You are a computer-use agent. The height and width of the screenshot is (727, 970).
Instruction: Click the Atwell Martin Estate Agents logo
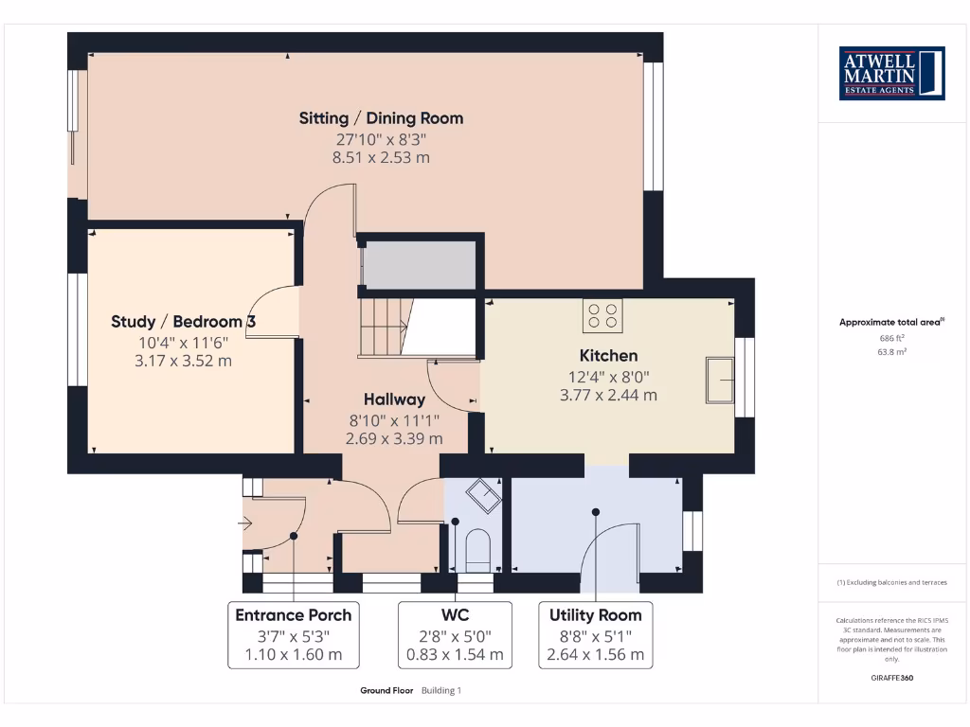(x=891, y=73)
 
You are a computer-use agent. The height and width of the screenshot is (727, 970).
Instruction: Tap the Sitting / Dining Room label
(x=381, y=118)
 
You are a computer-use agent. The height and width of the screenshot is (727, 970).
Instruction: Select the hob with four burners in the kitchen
(x=602, y=315)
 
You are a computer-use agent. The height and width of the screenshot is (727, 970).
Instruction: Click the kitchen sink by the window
(x=719, y=381)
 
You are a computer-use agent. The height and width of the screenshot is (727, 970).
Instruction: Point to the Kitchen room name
(x=608, y=356)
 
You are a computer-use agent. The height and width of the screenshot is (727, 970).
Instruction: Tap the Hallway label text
(x=394, y=399)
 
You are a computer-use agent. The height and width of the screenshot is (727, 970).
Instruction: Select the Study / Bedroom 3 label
(x=183, y=322)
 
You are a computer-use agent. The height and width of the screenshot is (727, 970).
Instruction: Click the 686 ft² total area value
(x=891, y=337)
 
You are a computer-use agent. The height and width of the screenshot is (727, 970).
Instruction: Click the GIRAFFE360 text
(x=891, y=678)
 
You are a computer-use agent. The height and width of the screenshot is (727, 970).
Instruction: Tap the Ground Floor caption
(x=386, y=691)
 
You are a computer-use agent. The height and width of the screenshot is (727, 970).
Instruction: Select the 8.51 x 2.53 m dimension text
(x=381, y=157)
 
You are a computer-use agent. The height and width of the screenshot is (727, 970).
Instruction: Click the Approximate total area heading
(x=890, y=323)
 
